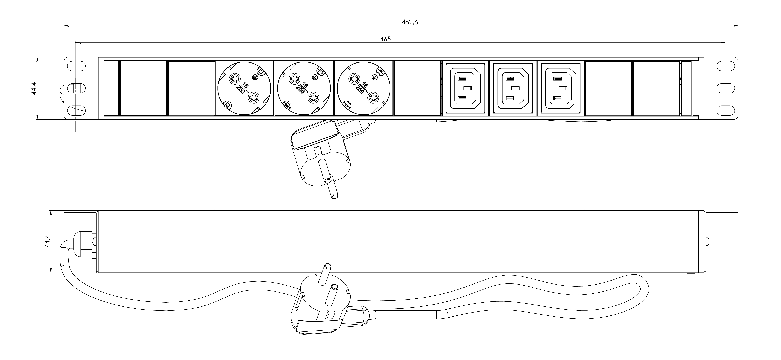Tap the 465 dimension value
385,39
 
